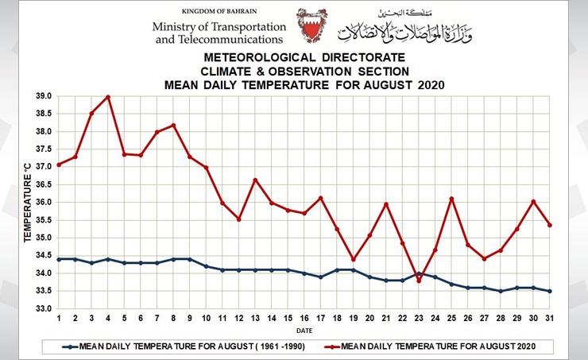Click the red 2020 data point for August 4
108,97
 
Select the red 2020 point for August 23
419,281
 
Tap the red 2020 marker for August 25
451,199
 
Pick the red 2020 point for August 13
255,180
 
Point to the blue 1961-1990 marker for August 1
59,259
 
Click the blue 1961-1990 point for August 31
549,291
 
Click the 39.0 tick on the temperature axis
42,96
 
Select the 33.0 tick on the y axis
42,309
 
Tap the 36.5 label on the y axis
42,184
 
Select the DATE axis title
304,329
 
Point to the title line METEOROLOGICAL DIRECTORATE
305,58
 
